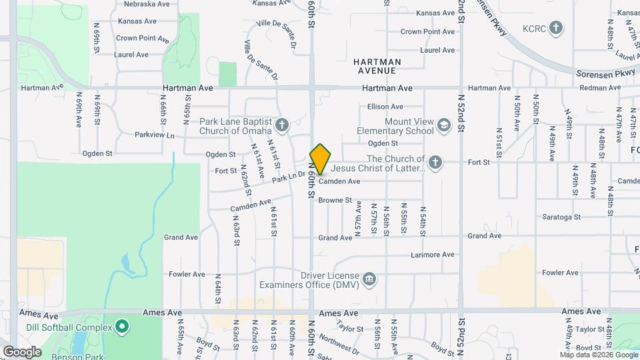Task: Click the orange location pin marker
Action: [x=321, y=159]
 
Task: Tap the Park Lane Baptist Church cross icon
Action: [x=282, y=125]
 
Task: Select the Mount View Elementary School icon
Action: [x=443, y=125]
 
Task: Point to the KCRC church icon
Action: [x=556, y=29]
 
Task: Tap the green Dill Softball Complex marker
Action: [x=121, y=327]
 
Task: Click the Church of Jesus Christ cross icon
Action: [x=435, y=162]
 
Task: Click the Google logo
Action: [x=22, y=351]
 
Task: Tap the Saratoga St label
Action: [x=561, y=217]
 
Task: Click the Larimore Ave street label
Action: [x=432, y=255]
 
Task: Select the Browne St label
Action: [x=335, y=200]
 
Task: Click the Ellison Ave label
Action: [x=385, y=107]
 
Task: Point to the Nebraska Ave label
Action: [x=145, y=3]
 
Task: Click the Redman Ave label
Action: [x=600, y=88]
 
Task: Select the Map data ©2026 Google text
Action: [x=598, y=354]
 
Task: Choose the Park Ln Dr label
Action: [x=288, y=176]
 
